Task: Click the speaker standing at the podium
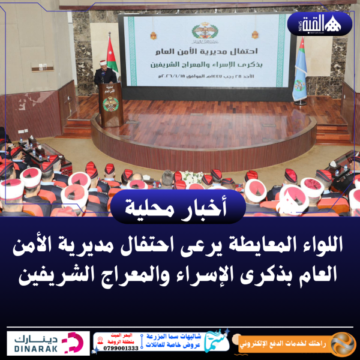106,75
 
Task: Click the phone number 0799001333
120,348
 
